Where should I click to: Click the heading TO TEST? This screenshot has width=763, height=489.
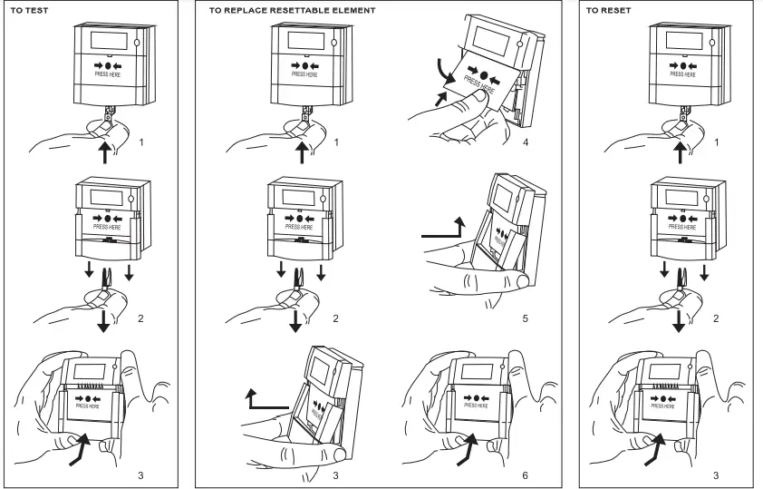(30, 10)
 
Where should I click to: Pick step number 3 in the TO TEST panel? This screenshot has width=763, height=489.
(140, 474)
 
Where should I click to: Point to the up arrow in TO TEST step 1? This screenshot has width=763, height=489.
(106, 151)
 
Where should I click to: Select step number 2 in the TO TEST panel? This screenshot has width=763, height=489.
(140, 318)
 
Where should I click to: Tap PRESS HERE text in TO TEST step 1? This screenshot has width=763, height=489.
(107, 74)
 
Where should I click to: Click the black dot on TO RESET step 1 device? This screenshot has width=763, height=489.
(677, 65)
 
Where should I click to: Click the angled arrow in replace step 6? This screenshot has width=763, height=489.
(468, 449)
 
